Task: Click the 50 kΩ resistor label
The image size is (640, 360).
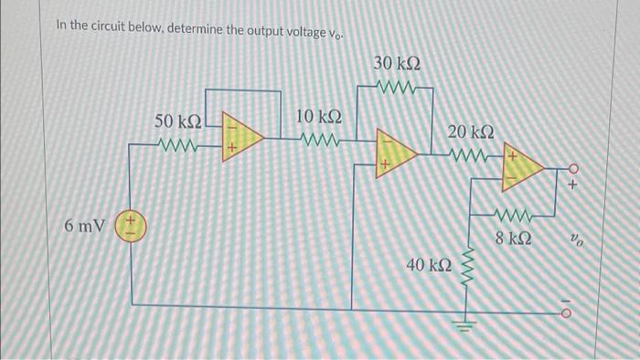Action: [176, 122]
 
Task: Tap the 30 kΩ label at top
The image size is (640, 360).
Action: [398, 64]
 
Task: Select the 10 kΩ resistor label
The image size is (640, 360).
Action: [319, 117]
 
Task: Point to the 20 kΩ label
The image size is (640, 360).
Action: [471, 133]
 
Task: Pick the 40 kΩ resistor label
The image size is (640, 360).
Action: [429, 265]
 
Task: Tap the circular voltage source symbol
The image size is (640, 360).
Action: [129, 225]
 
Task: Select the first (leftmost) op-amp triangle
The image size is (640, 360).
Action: [243, 138]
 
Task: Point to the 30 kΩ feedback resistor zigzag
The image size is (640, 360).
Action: [398, 90]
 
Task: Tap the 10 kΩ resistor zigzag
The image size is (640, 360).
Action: [319, 142]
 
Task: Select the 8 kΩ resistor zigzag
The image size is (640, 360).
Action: [513, 217]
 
